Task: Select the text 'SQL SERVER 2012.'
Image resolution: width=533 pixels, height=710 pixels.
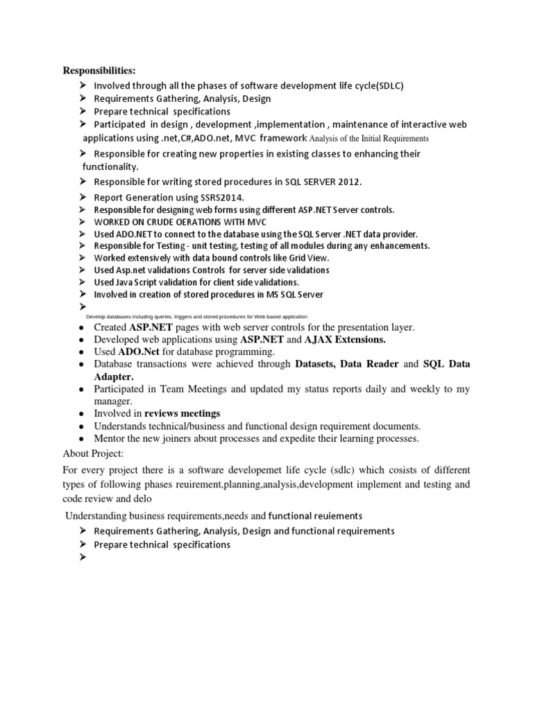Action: [322, 182]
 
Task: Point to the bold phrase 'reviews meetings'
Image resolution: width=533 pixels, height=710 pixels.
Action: [187, 413]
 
